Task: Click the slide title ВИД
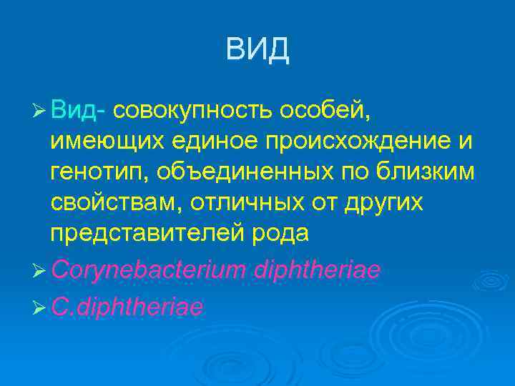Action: (x=257, y=50)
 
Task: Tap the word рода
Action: (x=270, y=234)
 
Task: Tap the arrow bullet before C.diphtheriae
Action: (x=40, y=307)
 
